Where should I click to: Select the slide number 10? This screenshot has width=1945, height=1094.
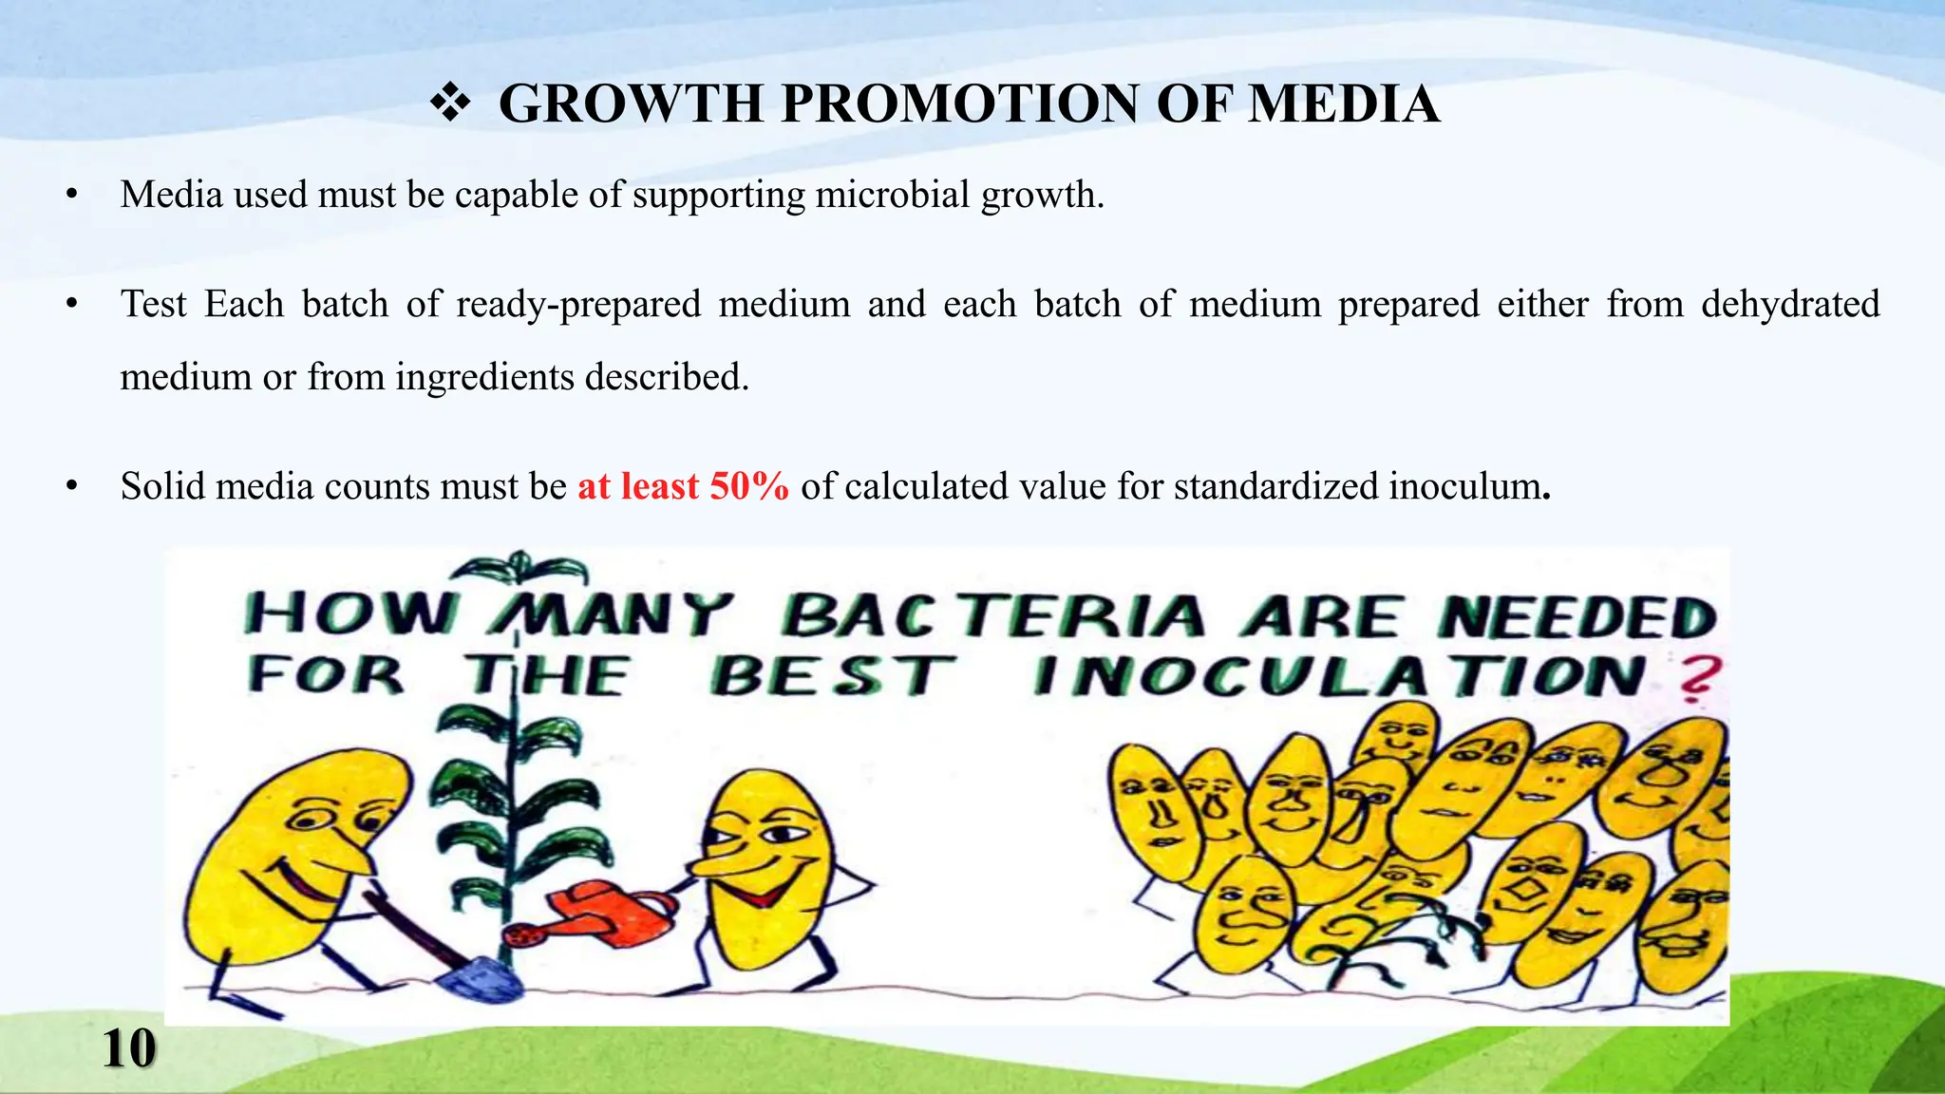click(128, 1049)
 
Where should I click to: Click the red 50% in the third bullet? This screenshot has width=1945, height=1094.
click(748, 486)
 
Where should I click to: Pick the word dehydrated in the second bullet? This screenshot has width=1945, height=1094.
click(1790, 304)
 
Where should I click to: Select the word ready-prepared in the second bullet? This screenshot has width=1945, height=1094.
click(577, 304)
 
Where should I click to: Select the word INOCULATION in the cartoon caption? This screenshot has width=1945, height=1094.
click(1339, 676)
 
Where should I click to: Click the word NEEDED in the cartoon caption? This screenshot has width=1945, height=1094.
click(1577, 617)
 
